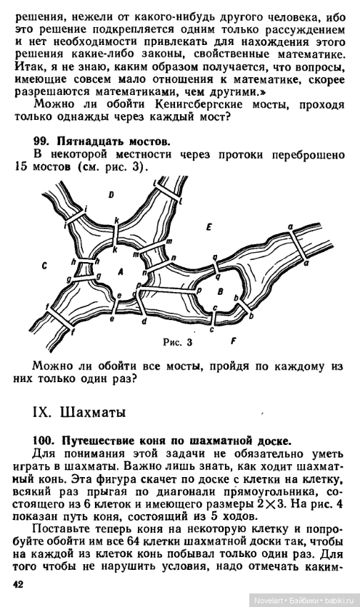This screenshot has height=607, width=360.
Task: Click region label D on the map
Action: pyautogui.click(x=111, y=195)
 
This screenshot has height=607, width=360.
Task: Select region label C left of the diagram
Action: pyautogui.click(x=44, y=266)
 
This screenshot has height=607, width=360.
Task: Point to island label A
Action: pyautogui.click(x=121, y=271)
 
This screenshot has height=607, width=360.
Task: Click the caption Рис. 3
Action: pyautogui.click(x=177, y=342)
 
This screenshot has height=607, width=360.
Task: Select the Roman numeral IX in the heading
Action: pyautogui.click(x=42, y=412)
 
